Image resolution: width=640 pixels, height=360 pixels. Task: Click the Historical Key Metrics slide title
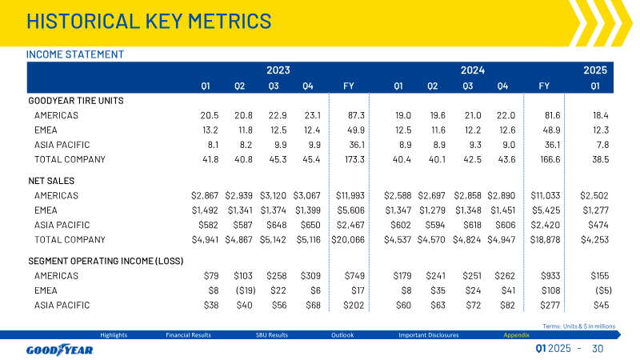click(149, 22)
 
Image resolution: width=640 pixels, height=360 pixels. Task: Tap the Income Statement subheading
click(75, 54)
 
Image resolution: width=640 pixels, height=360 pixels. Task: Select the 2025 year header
click(595, 70)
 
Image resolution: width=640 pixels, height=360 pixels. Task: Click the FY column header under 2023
click(349, 86)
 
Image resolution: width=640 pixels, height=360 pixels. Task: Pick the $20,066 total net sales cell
click(348, 240)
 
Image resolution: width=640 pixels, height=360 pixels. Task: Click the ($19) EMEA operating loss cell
click(246, 290)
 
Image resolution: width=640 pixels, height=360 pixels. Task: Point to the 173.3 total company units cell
click(354, 159)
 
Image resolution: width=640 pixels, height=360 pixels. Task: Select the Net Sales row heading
click(51, 181)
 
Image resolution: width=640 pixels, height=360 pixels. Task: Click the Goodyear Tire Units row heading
click(76, 101)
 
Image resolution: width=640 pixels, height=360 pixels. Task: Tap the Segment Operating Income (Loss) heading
click(106, 262)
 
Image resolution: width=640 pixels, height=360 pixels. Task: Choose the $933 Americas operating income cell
click(550, 276)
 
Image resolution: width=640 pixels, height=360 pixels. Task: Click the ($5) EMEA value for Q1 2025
click(603, 290)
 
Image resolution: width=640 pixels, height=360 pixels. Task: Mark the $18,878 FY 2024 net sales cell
click(545, 240)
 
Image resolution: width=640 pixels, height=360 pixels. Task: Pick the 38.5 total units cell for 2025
click(601, 159)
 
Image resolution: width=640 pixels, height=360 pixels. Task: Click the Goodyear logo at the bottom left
click(60, 350)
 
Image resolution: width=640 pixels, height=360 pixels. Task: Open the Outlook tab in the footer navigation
click(342, 335)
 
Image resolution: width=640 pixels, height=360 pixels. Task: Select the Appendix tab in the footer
click(516, 335)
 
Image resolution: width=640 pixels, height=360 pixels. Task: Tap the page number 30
click(598, 349)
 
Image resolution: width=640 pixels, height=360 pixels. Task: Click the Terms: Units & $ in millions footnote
click(578, 326)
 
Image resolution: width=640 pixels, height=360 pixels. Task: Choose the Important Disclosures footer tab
click(429, 335)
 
